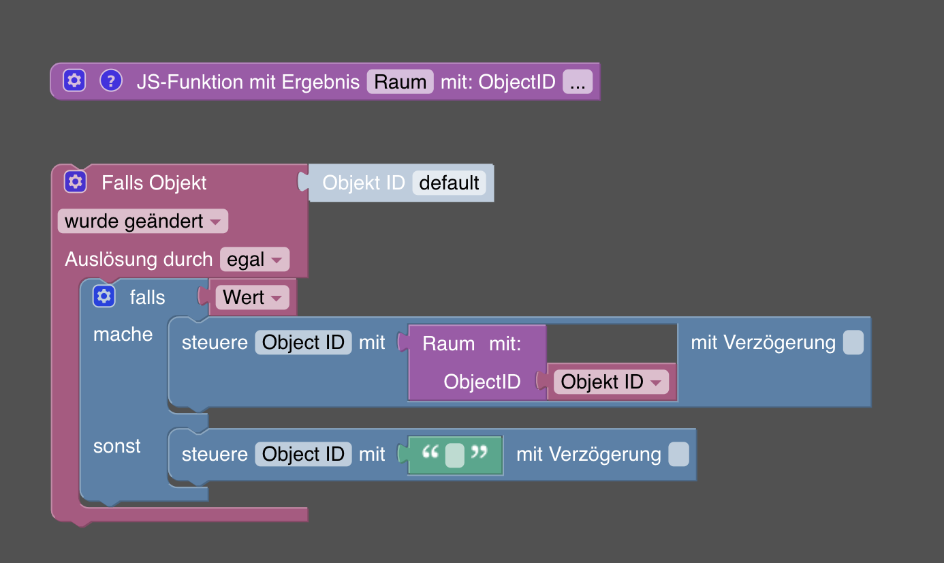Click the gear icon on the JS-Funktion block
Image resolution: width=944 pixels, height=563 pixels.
pyautogui.click(x=74, y=81)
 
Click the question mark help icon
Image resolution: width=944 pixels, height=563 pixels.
pyautogui.click(x=110, y=81)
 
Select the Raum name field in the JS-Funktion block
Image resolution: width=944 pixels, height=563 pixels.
pyautogui.click(x=400, y=82)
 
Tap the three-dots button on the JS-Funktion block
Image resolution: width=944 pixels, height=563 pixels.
pyautogui.click(x=578, y=82)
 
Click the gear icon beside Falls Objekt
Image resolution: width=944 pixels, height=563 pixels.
pyautogui.click(x=75, y=182)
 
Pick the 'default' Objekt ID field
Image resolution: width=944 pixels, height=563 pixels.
pyautogui.click(x=449, y=183)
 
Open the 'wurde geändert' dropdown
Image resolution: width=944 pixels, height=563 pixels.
pyautogui.click(x=142, y=222)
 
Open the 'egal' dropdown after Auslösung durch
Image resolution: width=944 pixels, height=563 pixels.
pyautogui.click(x=254, y=260)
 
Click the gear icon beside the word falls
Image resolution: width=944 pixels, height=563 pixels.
pyautogui.click(x=104, y=296)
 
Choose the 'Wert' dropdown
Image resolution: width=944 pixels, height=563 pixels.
pyautogui.click(x=251, y=297)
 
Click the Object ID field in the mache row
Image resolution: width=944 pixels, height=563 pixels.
pyautogui.click(x=303, y=342)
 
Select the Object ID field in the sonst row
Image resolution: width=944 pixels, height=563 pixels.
pyautogui.click(x=303, y=454)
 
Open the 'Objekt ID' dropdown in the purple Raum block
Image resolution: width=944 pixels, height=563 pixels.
pyautogui.click(x=610, y=382)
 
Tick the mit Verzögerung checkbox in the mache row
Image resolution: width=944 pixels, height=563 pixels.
pyautogui.click(x=853, y=342)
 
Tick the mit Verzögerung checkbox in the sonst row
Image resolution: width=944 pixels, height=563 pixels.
pyautogui.click(x=678, y=454)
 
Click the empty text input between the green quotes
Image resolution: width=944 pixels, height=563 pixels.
pyautogui.click(x=454, y=455)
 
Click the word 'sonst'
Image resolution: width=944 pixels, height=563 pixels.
pyautogui.click(x=117, y=446)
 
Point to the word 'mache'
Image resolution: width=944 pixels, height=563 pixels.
pyautogui.click(x=123, y=334)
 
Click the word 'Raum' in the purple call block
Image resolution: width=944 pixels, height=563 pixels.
pyautogui.click(x=448, y=344)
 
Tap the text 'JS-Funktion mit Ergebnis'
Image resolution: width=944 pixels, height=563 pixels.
pyautogui.click(x=248, y=82)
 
